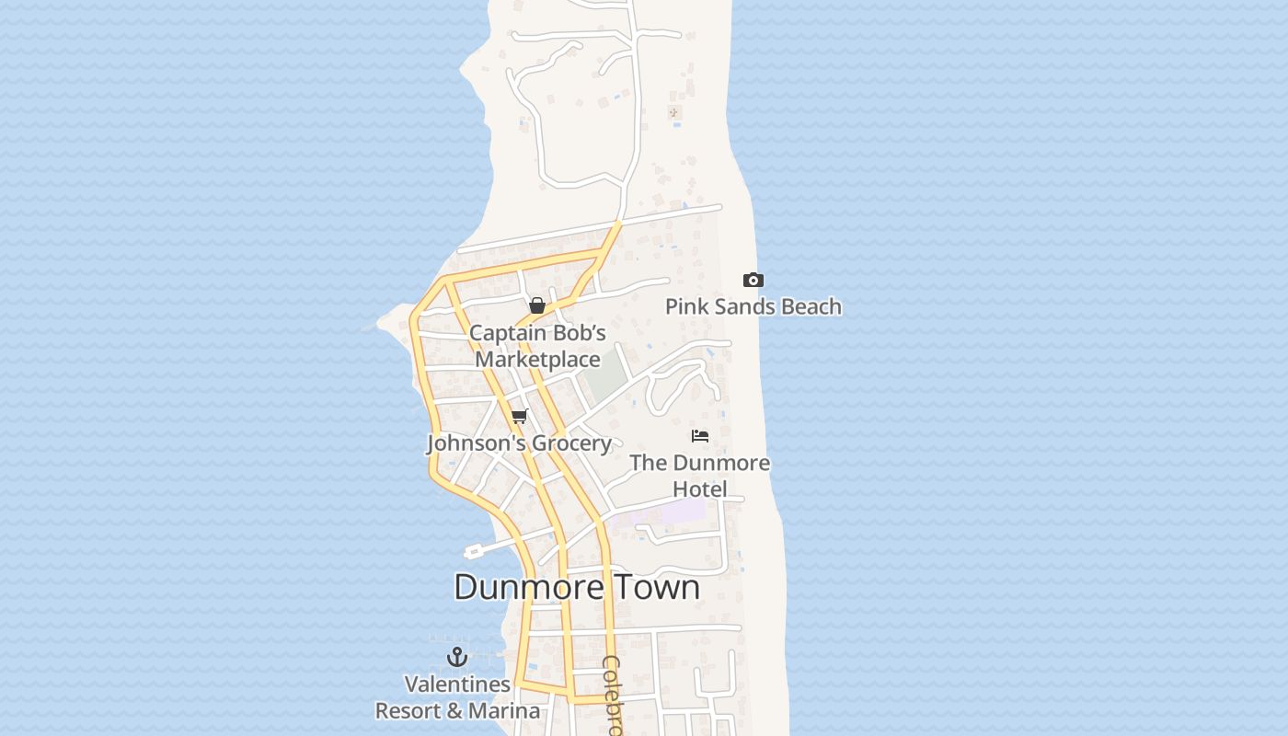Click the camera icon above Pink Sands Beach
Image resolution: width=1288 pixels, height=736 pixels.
tap(753, 281)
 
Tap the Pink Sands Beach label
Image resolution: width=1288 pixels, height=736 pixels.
tap(753, 306)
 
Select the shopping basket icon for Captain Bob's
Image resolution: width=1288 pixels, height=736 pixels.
tap(537, 305)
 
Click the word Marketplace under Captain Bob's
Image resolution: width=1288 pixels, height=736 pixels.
tap(537, 359)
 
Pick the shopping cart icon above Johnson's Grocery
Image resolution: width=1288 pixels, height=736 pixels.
tap(519, 417)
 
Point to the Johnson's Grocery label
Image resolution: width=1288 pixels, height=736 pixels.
tap(519, 443)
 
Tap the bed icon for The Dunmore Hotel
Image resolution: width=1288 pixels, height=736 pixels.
tap(700, 436)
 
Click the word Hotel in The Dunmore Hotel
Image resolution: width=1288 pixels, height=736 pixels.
tap(700, 489)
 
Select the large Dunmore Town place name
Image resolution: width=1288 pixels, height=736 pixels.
tap(577, 587)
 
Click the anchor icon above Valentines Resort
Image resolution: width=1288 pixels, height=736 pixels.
tap(457, 657)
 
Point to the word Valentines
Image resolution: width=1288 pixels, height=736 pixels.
tap(457, 684)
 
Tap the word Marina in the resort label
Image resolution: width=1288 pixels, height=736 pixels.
tap(504, 711)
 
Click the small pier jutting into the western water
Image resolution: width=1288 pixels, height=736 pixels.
tap(475, 551)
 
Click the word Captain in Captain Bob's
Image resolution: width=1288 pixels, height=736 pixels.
tap(504, 332)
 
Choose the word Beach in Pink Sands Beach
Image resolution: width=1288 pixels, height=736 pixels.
tap(810, 306)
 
